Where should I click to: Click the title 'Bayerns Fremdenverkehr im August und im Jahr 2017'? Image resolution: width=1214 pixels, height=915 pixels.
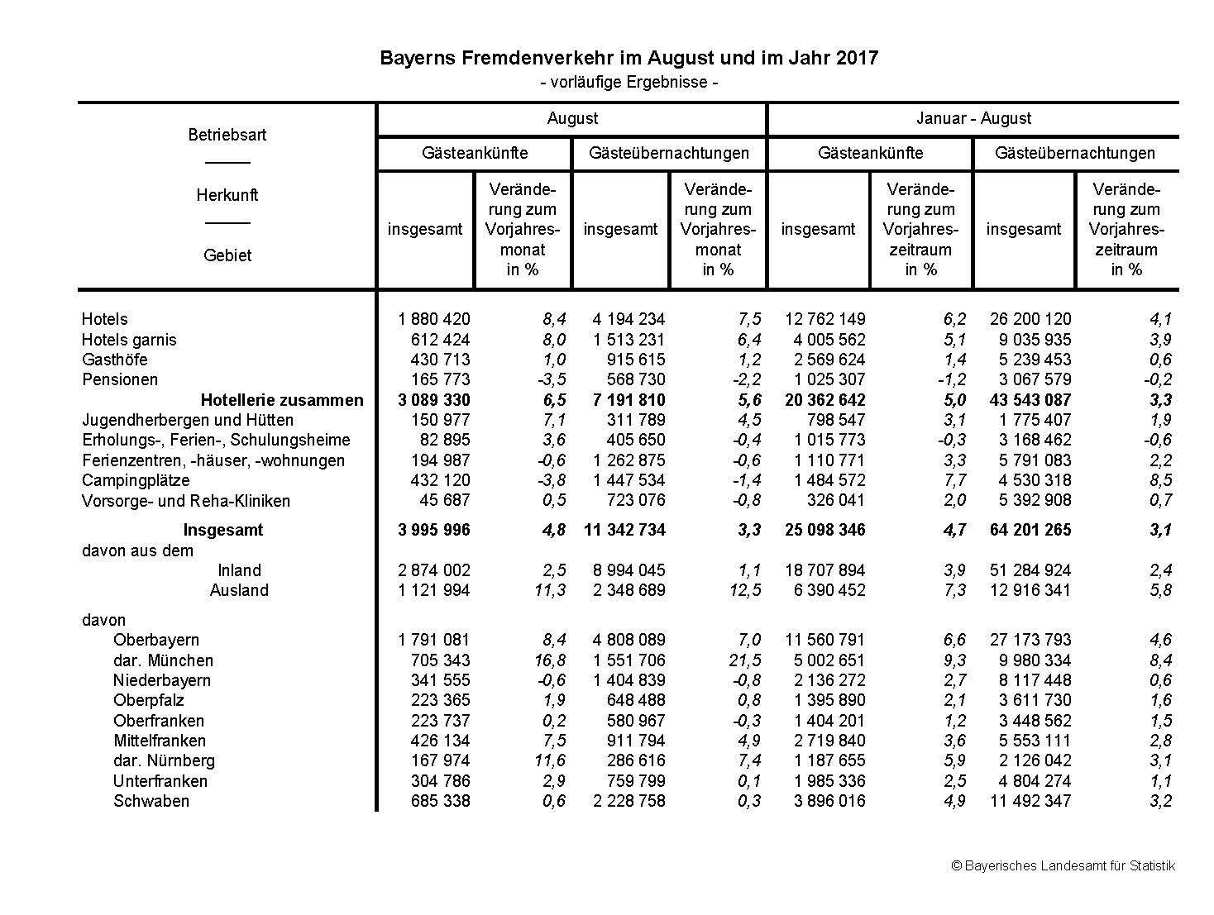click(629, 58)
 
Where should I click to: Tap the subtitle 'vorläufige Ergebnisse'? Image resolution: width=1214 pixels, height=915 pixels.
click(629, 83)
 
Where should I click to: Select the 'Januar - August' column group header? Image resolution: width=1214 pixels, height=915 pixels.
click(973, 118)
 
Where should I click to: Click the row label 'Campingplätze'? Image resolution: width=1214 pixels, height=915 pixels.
click(136, 480)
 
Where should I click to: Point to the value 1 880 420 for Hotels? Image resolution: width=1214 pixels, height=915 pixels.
click(434, 319)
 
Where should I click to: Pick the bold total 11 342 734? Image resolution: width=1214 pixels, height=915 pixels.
click(624, 530)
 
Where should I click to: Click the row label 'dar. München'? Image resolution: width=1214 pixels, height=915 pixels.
click(163, 660)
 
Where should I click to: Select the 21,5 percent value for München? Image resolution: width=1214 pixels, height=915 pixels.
click(748, 660)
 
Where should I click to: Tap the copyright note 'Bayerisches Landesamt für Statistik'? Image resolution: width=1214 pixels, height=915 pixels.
click(1063, 866)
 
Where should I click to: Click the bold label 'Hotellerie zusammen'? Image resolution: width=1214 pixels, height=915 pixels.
click(282, 400)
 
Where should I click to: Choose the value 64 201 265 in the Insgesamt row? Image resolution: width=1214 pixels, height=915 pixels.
click(1030, 530)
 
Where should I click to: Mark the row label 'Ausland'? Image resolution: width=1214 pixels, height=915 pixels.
click(239, 590)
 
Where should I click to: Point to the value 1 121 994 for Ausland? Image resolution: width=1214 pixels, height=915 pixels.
click(434, 590)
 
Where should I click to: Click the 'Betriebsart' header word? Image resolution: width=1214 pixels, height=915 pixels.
click(227, 135)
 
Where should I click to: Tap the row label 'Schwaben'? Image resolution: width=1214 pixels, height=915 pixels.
click(151, 801)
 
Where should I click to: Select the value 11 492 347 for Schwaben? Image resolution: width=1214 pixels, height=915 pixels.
click(1030, 801)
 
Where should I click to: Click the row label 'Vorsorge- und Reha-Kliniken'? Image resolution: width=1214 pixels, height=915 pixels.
click(186, 501)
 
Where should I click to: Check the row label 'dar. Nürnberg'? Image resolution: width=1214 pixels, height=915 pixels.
click(164, 760)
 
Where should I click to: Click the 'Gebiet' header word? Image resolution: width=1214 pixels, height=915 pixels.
click(227, 255)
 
